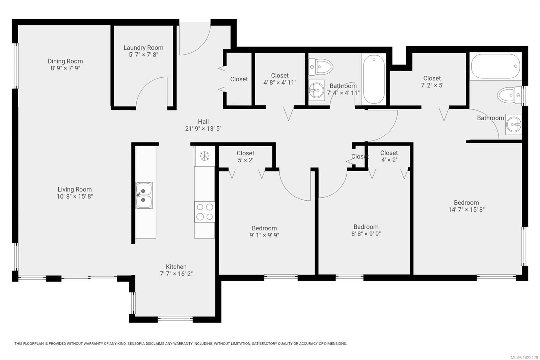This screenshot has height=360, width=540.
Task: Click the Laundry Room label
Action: click(143, 48)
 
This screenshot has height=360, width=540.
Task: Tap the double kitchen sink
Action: click(144, 196)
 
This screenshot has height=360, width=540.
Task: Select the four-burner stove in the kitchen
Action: click(205, 212)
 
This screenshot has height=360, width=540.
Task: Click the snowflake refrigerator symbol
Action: click(205, 156)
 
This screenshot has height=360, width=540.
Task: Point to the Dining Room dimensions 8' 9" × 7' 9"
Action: click(65, 68)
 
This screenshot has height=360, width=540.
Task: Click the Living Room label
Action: click(75, 189)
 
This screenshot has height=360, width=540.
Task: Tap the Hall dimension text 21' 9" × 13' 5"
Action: click(203, 129)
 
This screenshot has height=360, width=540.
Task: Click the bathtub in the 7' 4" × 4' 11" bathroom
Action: click(374, 80)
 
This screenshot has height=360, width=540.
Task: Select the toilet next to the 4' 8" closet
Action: click(320, 66)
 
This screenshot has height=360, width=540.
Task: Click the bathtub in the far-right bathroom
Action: click(495, 67)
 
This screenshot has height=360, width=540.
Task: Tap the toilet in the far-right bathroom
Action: click(509, 95)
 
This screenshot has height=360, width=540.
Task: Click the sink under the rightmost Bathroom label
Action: click(513, 125)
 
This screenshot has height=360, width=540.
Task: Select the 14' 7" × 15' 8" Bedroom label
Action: click(466, 203)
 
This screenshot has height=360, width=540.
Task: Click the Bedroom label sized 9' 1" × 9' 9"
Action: click(264, 228)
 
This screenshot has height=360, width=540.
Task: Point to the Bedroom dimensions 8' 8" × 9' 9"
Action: click(366, 234)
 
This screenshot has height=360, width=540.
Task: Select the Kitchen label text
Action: click(176, 267)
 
